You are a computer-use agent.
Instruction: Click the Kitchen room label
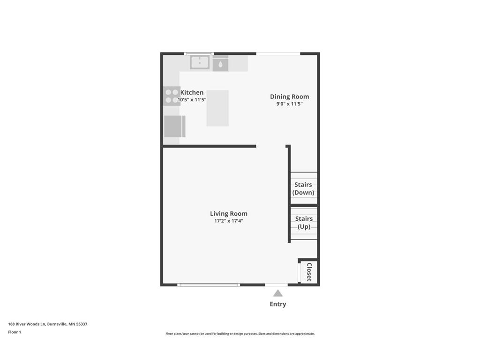coord(192,92)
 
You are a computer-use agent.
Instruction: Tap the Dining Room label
coord(289,97)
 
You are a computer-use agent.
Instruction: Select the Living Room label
coord(229,214)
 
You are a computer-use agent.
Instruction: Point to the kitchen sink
coord(200,62)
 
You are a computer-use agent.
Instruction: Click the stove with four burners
coord(172,96)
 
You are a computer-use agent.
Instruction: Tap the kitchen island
coord(217,108)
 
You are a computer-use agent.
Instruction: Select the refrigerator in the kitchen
coord(175,127)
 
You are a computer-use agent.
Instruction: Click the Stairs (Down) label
coord(303,188)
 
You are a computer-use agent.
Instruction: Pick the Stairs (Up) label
coord(304,223)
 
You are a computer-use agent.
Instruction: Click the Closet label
coord(309,272)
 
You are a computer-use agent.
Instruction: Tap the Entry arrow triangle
coord(277,293)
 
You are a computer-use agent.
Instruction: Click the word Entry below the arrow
coord(278,304)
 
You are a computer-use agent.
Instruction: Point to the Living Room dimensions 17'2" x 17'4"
coord(229,221)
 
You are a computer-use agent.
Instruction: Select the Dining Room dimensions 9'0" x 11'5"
coord(289,104)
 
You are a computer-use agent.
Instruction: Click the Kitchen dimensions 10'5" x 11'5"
coord(192,100)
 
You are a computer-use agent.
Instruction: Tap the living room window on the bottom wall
coord(209,285)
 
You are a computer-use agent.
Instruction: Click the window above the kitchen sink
coord(199,53)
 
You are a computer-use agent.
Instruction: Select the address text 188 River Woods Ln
coord(27,324)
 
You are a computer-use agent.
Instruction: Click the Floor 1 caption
coord(15,332)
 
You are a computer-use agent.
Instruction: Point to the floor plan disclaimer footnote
coord(240,334)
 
